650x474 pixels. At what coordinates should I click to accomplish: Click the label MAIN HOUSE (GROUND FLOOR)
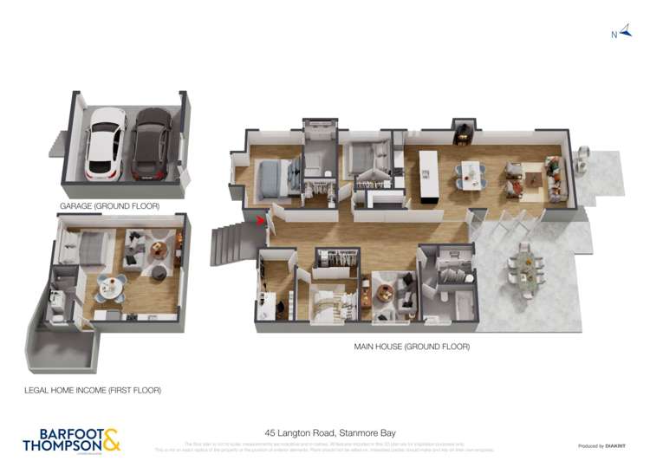(412, 347)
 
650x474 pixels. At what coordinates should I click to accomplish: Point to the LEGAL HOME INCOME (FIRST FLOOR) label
(93, 390)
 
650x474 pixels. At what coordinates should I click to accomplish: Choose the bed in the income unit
(87, 248)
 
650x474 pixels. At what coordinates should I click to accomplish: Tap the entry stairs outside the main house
(230, 245)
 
